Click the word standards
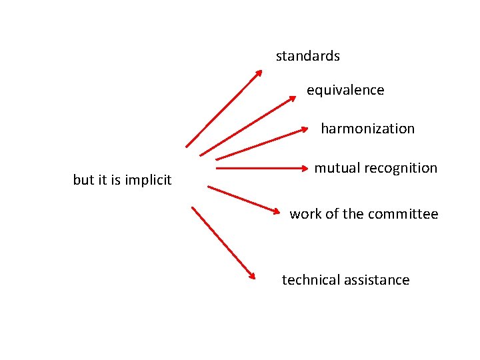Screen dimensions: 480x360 tap(308, 56)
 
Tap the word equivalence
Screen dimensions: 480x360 tap(345, 90)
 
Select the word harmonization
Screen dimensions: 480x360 tap(367, 129)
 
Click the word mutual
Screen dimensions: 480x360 tap(337, 168)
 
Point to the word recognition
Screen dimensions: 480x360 tap(401, 168)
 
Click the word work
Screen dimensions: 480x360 tap(305, 214)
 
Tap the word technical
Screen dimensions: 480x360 tap(310, 280)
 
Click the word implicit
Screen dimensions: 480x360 tap(148, 180)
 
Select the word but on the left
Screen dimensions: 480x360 tap(83, 180)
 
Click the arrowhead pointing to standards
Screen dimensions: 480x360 tap(259, 73)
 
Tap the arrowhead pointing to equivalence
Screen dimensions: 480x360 tap(292, 99)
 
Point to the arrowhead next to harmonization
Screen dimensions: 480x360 tap(305, 129)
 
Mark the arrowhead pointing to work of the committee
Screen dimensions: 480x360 tap(277, 211)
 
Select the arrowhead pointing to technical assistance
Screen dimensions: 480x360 tap(252, 275)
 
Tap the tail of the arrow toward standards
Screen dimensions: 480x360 tap(187, 145)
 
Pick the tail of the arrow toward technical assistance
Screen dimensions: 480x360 tap(193, 207)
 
